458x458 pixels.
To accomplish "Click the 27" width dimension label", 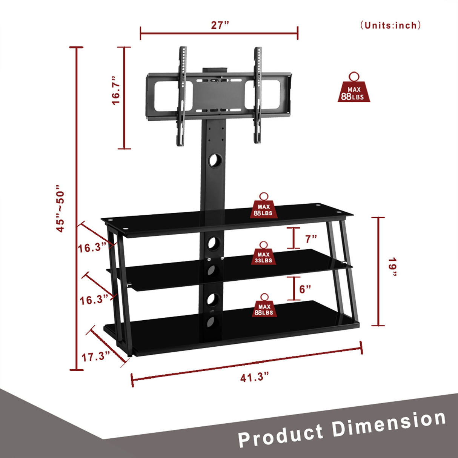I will coord(220,25).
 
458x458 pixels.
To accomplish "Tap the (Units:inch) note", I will coord(390,25).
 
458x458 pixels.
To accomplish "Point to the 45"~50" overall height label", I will coord(60,209).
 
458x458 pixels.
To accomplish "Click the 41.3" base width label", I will coord(255,377).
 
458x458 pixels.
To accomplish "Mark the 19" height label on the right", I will coord(393,267).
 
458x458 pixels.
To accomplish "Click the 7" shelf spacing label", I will coord(311,239).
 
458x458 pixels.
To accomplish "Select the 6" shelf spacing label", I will coord(305,289).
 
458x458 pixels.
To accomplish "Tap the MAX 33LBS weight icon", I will coord(264,254).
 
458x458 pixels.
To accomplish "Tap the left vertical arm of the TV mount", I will coord(182,96).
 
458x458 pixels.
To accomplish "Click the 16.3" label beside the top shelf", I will coord(92,248).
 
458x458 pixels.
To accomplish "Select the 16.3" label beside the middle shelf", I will coord(94,300).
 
